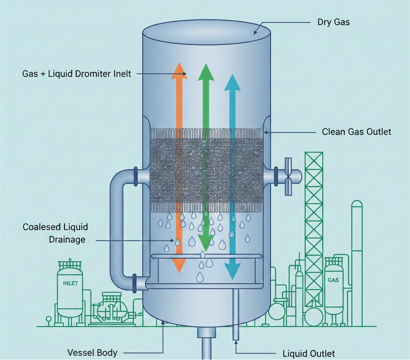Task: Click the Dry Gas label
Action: tap(334, 22)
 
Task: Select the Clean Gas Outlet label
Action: tap(356, 132)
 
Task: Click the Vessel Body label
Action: tap(92, 352)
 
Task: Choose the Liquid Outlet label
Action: tap(309, 354)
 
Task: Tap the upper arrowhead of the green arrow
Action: tap(206, 72)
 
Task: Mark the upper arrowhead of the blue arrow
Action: tap(232, 82)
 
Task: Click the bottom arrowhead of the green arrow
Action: tap(206, 240)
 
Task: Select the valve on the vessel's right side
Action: tap(289, 176)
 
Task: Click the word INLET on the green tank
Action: tap(70, 284)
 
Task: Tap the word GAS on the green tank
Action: tap(333, 280)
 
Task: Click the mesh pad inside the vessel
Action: tap(206, 170)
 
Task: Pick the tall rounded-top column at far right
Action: tap(357, 256)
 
